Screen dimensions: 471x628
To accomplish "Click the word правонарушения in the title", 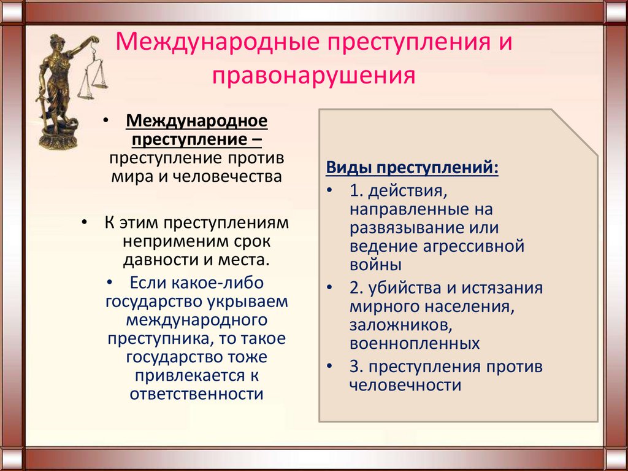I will [x=314, y=77].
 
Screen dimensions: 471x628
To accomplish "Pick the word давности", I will [x=159, y=259].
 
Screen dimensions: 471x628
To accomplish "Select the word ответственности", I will [x=196, y=394].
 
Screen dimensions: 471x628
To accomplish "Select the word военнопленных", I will [x=415, y=343].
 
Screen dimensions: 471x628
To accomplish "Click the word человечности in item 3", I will [x=405, y=385].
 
